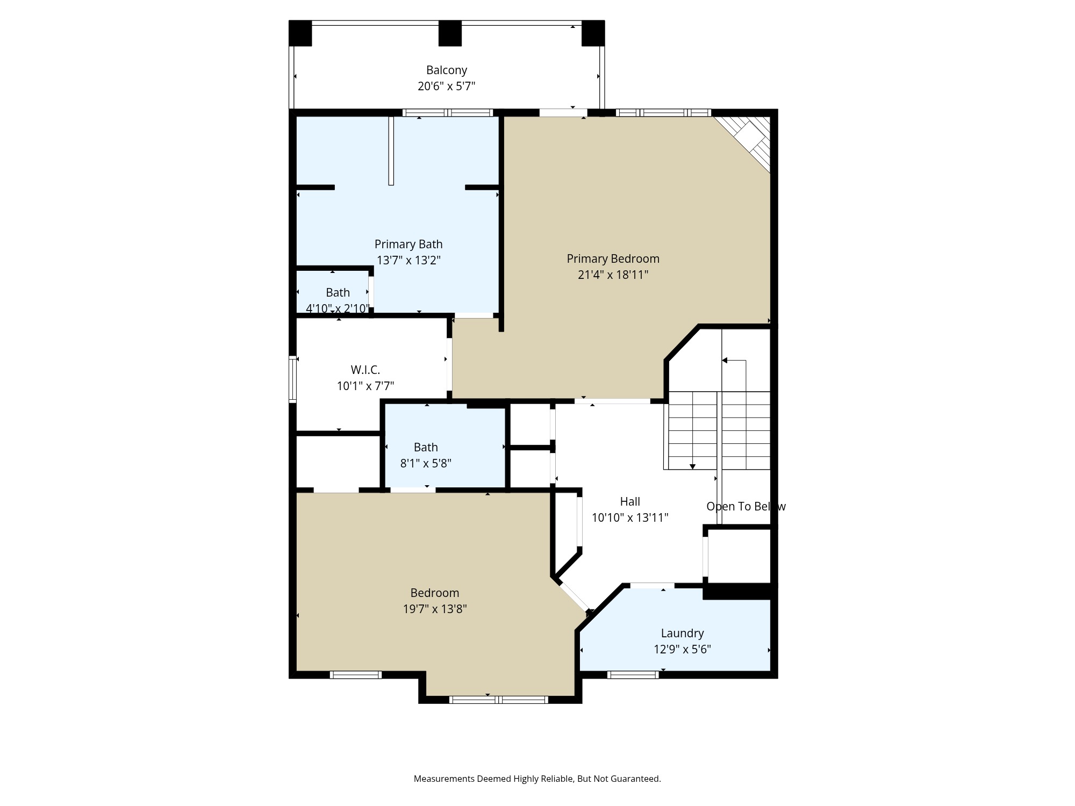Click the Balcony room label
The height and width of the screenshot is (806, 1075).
click(446, 70)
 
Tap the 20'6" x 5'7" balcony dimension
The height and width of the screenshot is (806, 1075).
click(446, 86)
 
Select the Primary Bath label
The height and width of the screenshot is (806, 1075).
click(408, 244)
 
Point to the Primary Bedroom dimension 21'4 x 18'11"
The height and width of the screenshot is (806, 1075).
click(613, 275)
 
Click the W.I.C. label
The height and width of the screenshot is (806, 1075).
click(365, 370)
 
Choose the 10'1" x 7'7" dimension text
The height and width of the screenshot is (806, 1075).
click(365, 386)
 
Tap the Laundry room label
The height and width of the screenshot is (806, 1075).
click(682, 633)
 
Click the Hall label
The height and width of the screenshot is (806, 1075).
click(630, 501)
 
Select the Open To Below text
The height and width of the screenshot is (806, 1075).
click(746, 506)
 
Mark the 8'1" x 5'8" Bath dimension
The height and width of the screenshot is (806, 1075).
click(426, 463)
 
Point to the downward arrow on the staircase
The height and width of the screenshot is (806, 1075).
click(692, 466)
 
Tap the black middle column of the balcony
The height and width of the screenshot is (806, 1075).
click(450, 33)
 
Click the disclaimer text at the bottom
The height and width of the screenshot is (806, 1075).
click(537, 779)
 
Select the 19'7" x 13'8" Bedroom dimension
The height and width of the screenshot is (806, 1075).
click(435, 609)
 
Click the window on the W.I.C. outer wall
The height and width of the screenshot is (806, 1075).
click(293, 379)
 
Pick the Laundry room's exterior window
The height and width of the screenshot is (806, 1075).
click(633, 675)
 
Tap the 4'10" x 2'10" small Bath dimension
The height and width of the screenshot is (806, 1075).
click(338, 308)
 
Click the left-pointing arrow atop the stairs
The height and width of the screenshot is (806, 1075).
click(725, 361)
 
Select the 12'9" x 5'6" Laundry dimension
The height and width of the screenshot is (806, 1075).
click(682, 649)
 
